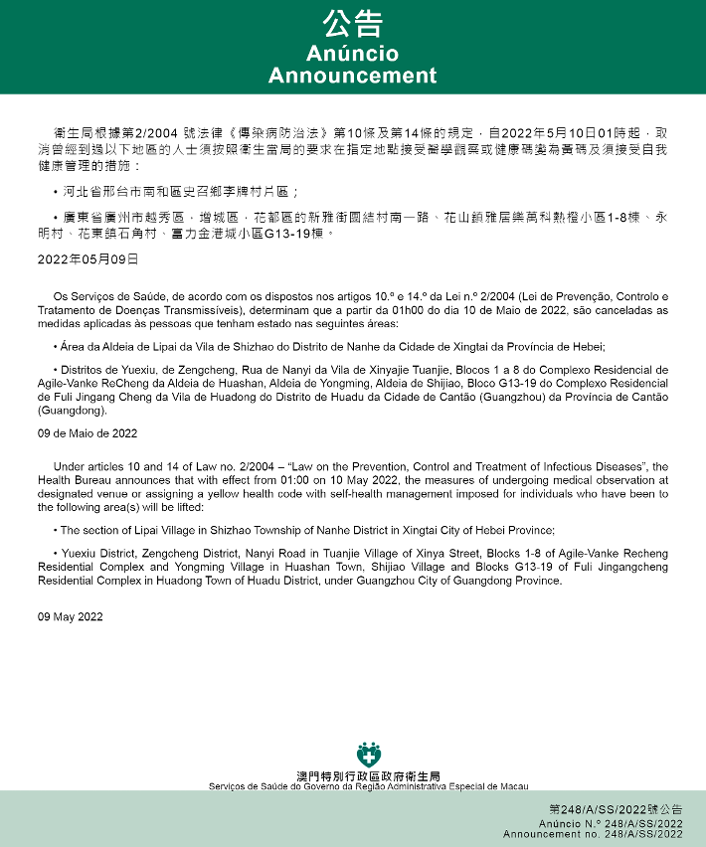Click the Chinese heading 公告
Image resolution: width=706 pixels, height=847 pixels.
pos(352,23)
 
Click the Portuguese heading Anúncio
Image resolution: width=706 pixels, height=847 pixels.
pos(352,53)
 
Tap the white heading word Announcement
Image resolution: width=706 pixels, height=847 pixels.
pos(352,76)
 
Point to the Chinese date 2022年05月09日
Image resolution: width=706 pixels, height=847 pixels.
pos(88,259)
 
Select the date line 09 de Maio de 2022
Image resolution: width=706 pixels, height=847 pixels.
pos(88,433)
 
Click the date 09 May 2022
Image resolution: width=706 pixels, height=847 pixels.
pos(71,616)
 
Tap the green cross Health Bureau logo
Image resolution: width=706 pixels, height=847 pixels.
pos(369,753)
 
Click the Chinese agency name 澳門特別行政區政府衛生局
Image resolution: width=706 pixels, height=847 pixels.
pos(369,775)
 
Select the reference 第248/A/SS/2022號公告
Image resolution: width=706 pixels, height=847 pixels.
pos(616,811)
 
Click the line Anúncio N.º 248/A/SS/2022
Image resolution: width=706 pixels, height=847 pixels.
pos(611,824)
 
